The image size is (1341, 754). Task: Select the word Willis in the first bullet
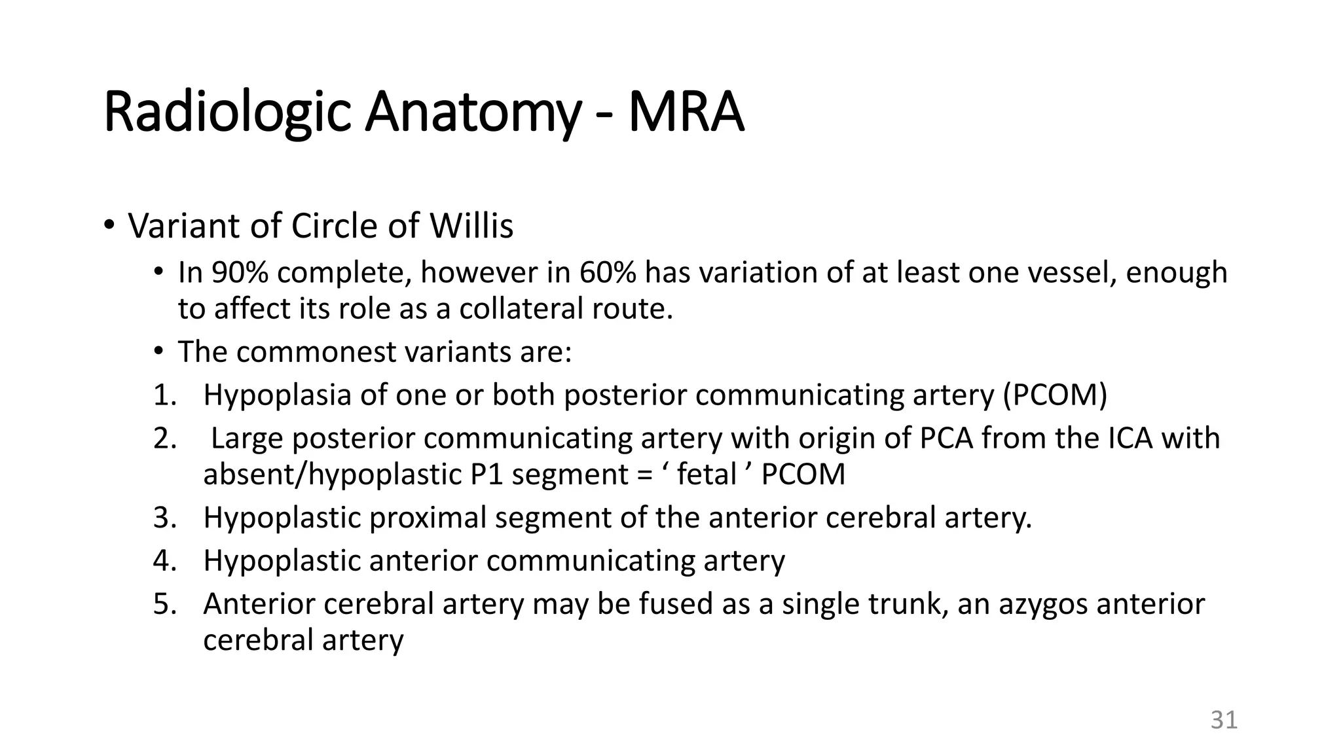471,226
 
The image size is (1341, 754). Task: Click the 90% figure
240,272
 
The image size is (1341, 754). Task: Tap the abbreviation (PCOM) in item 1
1055,395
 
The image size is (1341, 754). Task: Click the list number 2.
165,438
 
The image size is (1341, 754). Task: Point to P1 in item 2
487,474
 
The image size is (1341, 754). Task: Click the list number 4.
165,560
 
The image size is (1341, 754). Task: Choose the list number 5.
165,603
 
